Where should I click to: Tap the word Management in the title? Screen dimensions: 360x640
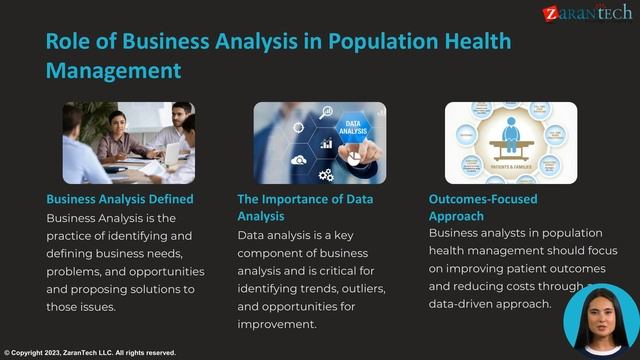[x=113, y=70]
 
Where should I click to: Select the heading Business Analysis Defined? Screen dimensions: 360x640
[x=120, y=199]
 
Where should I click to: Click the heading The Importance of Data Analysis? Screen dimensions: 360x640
[x=305, y=207]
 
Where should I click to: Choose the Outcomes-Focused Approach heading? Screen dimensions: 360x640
[x=483, y=207]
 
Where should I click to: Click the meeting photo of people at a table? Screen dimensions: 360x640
[x=128, y=142]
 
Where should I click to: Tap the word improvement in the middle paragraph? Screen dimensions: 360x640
[x=277, y=325]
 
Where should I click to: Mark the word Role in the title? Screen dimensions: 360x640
[x=74, y=41]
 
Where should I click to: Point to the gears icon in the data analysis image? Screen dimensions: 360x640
[x=326, y=175]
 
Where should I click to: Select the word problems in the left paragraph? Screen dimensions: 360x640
[x=78, y=271]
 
